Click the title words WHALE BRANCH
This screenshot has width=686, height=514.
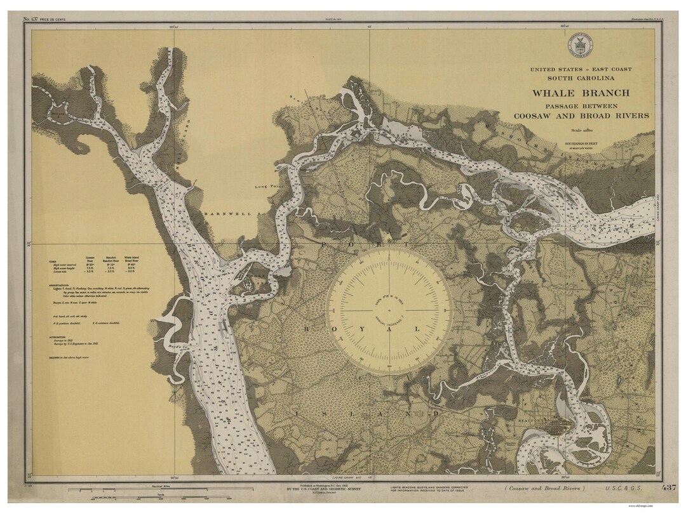click(x=581, y=93)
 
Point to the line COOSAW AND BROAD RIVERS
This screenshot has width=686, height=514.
click(x=581, y=115)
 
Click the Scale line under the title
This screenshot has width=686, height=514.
click(x=581, y=129)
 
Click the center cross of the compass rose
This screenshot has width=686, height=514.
click(x=390, y=311)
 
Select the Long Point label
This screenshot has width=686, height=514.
click(x=267, y=187)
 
